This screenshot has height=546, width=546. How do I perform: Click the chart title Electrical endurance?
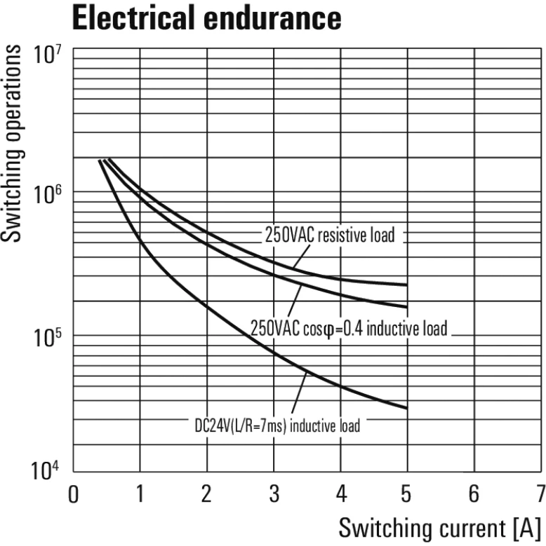(x=206, y=18)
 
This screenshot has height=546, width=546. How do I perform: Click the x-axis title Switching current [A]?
(x=439, y=526)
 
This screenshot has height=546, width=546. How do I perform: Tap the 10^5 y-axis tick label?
(x=48, y=335)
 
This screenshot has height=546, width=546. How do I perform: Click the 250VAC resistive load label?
(x=329, y=235)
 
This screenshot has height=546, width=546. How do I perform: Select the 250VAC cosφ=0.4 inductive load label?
(x=348, y=327)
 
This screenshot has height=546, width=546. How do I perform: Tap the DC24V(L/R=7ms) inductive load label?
(x=277, y=425)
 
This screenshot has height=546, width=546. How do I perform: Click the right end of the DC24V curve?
(x=406, y=408)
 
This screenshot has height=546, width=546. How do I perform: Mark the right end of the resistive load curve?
(x=406, y=285)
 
